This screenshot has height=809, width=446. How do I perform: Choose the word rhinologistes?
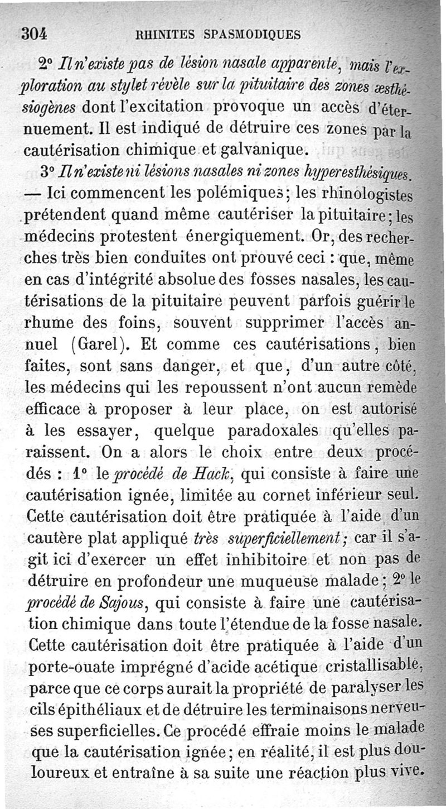(x=371, y=197)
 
